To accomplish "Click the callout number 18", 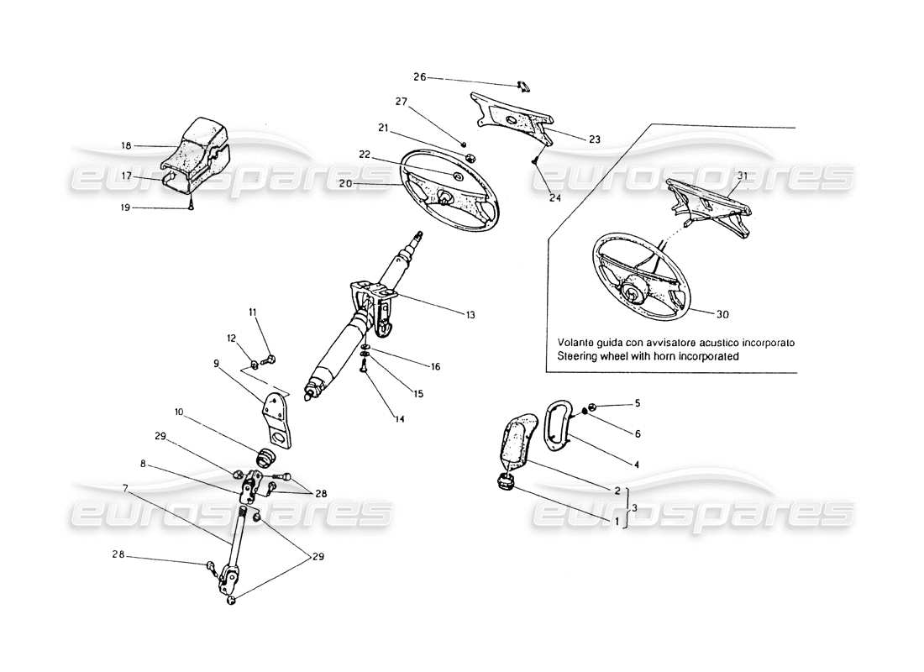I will coord(126,145).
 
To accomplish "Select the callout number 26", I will coord(419,77).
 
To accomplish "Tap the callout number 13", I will coord(470,315).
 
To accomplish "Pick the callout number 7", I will coord(126,487).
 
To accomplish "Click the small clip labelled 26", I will coord(522,85).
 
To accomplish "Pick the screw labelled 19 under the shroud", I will coord(192,207).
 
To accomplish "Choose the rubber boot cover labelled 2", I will coord(517,443).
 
